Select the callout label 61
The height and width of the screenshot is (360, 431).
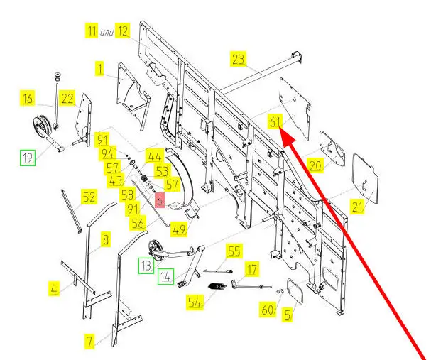275,121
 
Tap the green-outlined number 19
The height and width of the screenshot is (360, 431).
28,158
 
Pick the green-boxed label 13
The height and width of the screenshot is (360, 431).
145,266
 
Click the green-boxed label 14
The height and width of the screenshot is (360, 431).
165,276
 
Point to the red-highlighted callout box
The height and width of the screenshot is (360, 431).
160,202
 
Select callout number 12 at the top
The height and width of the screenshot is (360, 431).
123,31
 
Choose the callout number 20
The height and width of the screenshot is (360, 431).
315,165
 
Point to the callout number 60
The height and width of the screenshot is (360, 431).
267,310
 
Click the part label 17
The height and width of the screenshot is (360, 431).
251,269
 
